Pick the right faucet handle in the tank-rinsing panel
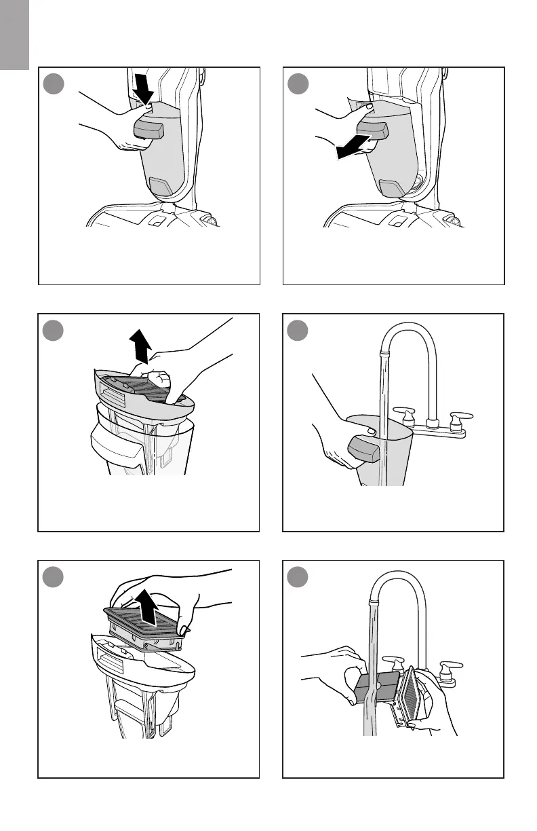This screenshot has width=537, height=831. pyautogui.click(x=462, y=417)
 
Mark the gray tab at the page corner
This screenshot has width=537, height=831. pyautogui.click(x=14, y=34)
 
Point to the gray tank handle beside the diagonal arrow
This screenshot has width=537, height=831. pyautogui.click(x=372, y=130)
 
